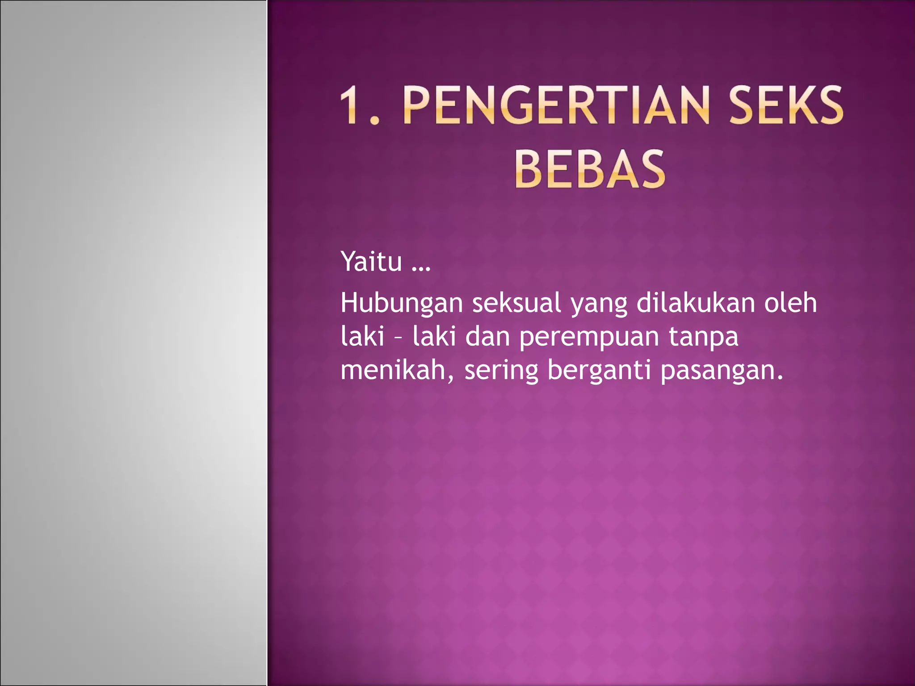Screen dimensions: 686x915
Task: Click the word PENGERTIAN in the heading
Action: point(556,105)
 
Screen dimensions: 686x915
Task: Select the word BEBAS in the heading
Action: point(590,169)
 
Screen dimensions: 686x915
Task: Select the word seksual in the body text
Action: point(516,303)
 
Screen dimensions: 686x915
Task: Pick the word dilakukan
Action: point(696,303)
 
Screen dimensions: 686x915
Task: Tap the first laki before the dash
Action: point(362,336)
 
